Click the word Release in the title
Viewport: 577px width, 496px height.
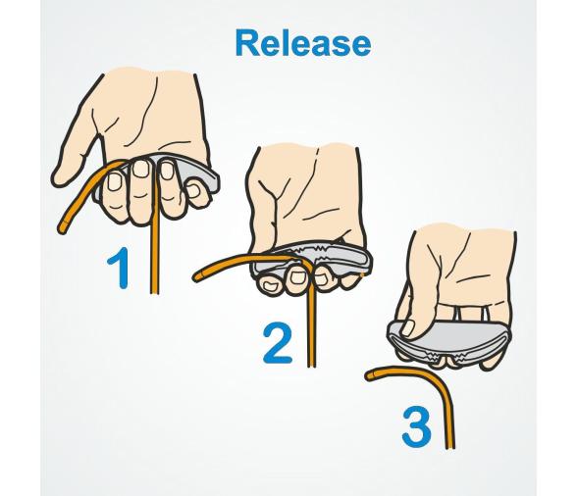tap(303, 43)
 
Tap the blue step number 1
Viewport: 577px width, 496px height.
tap(120, 268)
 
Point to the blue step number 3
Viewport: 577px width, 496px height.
tap(416, 427)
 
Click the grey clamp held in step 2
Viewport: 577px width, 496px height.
tap(311, 262)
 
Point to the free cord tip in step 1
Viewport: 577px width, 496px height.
tap(62, 227)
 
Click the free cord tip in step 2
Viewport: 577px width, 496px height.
tap(196, 276)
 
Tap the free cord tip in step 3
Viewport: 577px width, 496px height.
tap(369, 375)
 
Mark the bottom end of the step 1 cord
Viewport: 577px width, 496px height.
tap(155, 292)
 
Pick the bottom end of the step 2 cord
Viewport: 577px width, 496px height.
tap(311, 365)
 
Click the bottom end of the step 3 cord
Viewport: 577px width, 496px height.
tap(450, 447)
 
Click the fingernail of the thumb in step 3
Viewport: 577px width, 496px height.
tap(408, 327)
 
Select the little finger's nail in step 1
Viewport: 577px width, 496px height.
tap(192, 190)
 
